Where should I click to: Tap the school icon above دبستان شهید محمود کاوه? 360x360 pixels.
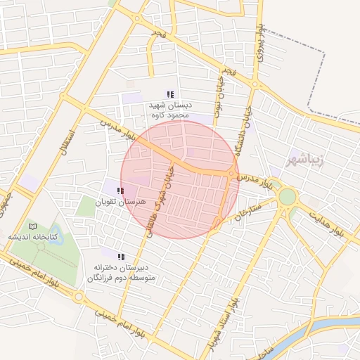pyautogui.click(x=169, y=94)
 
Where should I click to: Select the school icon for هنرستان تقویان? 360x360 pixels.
pyautogui.click(x=121, y=190)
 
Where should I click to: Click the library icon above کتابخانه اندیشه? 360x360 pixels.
pyautogui.click(x=32, y=226)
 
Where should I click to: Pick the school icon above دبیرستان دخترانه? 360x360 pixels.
pyautogui.click(x=121, y=257)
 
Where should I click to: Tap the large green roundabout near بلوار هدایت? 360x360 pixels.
pyautogui.click(x=287, y=197)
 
